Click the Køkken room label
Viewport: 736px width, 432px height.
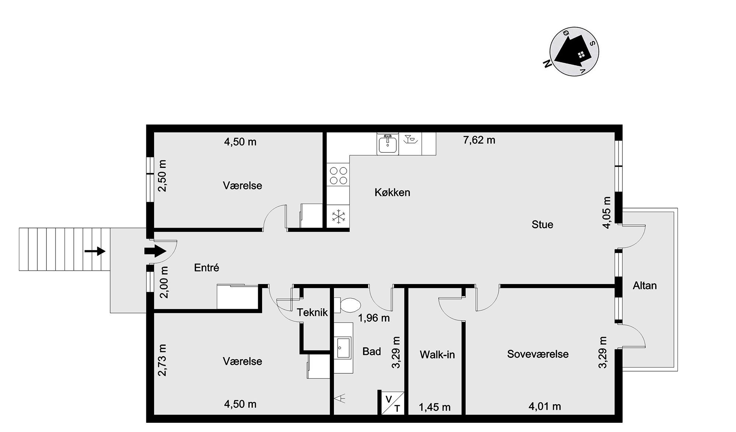(x=392, y=192)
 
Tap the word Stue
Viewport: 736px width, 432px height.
(x=542, y=224)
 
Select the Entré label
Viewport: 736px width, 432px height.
(x=206, y=267)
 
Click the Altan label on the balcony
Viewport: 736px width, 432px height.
(x=645, y=285)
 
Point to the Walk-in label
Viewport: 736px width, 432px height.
(x=437, y=355)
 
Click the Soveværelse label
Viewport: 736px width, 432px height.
(x=538, y=354)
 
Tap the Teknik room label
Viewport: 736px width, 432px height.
(x=312, y=312)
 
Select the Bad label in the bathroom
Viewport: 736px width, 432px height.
(x=372, y=351)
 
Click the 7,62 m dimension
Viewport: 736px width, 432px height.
(x=479, y=140)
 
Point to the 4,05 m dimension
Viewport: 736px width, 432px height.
(x=607, y=212)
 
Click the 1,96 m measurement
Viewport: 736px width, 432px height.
(x=374, y=318)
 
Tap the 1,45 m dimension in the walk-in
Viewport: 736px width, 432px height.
(x=435, y=407)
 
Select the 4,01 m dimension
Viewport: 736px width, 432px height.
(x=545, y=407)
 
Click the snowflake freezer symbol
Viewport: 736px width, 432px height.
(x=338, y=216)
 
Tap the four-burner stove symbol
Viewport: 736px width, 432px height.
(x=338, y=176)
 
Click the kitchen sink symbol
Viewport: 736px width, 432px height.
(x=387, y=144)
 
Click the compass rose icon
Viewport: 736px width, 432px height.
(x=574, y=52)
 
